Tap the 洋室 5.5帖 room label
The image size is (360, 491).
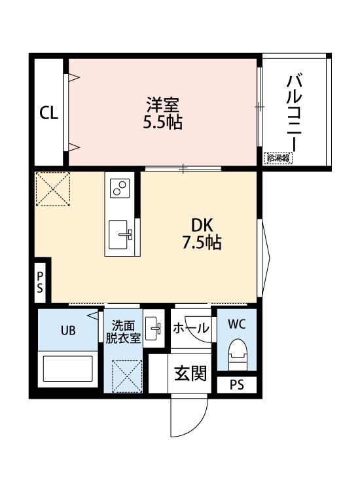(162, 112)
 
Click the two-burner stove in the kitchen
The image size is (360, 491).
(120, 187)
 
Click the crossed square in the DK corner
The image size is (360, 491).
(52, 189)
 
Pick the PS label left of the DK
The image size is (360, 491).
(40, 282)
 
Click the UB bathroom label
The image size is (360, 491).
(69, 330)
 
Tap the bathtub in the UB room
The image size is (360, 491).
(69, 368)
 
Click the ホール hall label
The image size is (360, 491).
(190, 329)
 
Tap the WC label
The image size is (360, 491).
(238, 323)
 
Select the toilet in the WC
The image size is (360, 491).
(238, 356)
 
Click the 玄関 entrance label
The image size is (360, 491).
(190, 373)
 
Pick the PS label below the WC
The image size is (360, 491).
(236, 386)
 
